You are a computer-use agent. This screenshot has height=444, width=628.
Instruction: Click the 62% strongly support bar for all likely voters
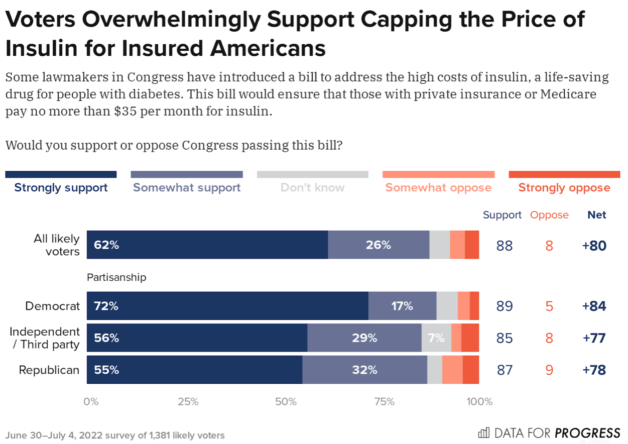click(x=207, y=245)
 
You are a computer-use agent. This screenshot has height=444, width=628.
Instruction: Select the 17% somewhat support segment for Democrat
click(x=402, y=306)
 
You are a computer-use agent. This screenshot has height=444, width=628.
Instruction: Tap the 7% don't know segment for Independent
click(x=436, y=338)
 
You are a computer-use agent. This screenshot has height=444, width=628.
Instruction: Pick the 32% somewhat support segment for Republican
click(x=364, y=370)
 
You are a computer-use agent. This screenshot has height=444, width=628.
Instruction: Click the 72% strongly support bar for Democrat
click(x=227, y=306)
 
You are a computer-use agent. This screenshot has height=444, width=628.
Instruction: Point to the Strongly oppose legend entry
click(x=564, y=188)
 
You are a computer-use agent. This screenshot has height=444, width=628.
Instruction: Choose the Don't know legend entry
click(x=312, y=188)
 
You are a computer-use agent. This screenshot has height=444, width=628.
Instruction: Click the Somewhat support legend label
click(x=187, y=188)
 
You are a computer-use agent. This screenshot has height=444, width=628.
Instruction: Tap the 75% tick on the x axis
click(x=384, y=402)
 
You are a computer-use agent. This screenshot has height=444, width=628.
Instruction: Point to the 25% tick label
click(x=188, y=402)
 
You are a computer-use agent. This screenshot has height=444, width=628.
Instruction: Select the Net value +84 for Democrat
click(x=594, y=306)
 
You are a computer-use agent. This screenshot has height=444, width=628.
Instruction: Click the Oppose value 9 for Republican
click(x=549, y=370)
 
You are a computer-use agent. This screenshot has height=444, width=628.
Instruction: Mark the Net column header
click(x=597, y=215)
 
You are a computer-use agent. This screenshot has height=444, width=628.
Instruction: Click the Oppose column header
click(x=549, y=215)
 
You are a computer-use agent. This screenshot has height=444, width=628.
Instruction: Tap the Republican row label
click(x=49, y=370)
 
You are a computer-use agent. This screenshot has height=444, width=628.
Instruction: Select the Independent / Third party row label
click(x=45, y=338)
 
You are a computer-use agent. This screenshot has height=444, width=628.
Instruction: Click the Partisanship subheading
click(x=116, y=277)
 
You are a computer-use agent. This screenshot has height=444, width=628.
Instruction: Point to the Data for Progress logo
click(x=549, y=433)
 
